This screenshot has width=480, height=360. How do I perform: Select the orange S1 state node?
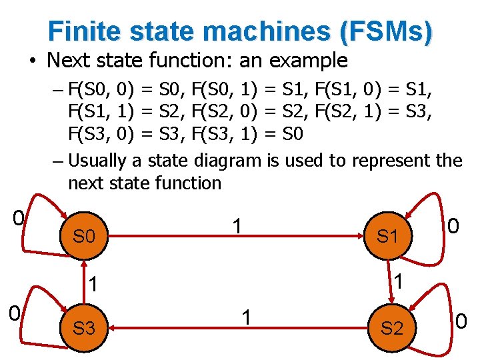[x=388, y=236]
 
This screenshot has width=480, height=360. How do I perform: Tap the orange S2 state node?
[x=392, y=327]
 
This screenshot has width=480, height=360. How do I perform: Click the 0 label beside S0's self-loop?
[x=19, y=219]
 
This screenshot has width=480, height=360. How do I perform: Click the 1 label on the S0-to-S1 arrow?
[x=235, y=227]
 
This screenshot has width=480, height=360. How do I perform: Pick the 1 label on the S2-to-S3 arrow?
[x=246, y=318]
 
